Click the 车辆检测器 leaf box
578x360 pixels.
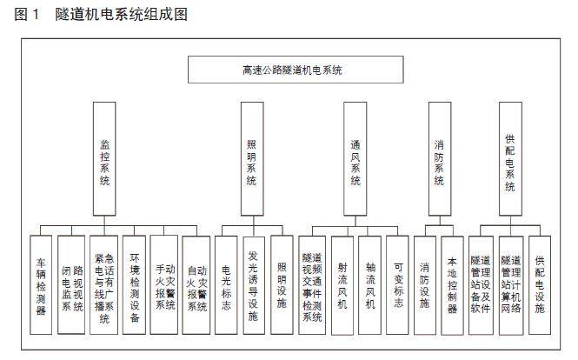pyautogui.click(x=41, y=286)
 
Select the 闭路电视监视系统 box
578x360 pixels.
pyautogui.click(x=72, y=286)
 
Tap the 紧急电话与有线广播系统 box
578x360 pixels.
pyautogui.click(x=103, y=286)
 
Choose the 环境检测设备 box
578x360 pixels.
pyautogui.click(x=134, y=286)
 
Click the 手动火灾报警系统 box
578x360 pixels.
pyautogui.click(x=165, y=286)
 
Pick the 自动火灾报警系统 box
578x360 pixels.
pyautogui.click(x=196, y=286)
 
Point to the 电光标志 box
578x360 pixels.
pyautogui.click(x=227, y=286)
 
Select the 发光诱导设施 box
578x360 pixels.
pyautogui.click(x=253, y=286)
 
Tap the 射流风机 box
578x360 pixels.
pyautogui.click(x=343, y=286)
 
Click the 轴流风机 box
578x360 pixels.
pyautogui.click(x=369, y=286)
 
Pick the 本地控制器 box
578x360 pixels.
pyautogui.click(x=452, y=286)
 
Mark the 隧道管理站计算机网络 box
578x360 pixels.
pyautogui.click(x=511, y=286)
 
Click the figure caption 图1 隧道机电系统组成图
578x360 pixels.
pyautogui.click(x=100, y=14)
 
